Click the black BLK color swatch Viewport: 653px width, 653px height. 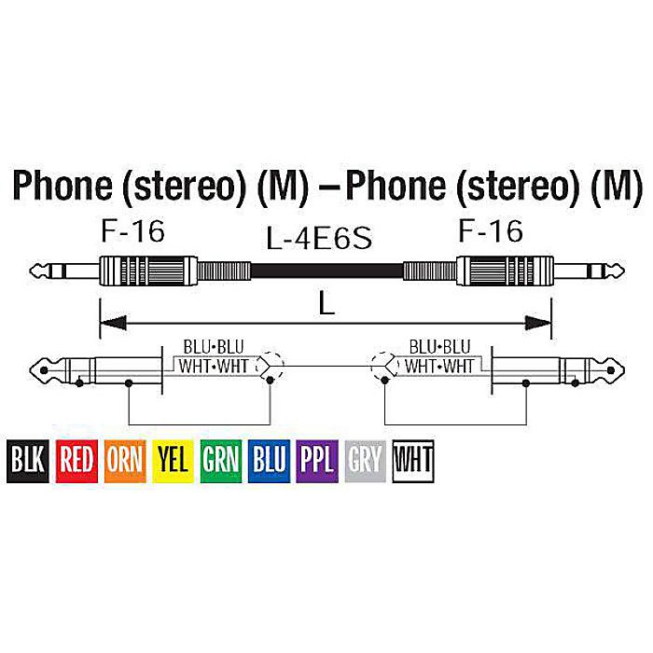click(27, 461)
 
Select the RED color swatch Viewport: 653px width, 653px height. click(76, 461)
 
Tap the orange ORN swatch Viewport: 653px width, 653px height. click(125, 461)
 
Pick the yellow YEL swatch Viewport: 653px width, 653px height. click(173, 461)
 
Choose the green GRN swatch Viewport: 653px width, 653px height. click(221, 461)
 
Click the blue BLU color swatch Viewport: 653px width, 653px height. click(269, 461)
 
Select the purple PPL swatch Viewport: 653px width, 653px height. click(317, 461)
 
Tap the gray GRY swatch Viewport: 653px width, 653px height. click(366, 461)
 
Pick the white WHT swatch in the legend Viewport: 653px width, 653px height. click(413, 461)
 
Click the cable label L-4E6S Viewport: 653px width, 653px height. click(319, 239)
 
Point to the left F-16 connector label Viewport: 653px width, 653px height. click(132, 231)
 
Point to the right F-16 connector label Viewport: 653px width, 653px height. click(491, 231)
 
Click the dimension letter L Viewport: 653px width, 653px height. click(326, 304)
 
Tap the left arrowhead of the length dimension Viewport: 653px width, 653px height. click(113, 323)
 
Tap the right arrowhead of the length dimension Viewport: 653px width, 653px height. click(538, 323)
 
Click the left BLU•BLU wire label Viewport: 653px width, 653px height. click(214, 347)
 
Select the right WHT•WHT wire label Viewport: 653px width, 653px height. click(439, 366)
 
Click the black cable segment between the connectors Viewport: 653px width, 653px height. click(326, 271)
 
